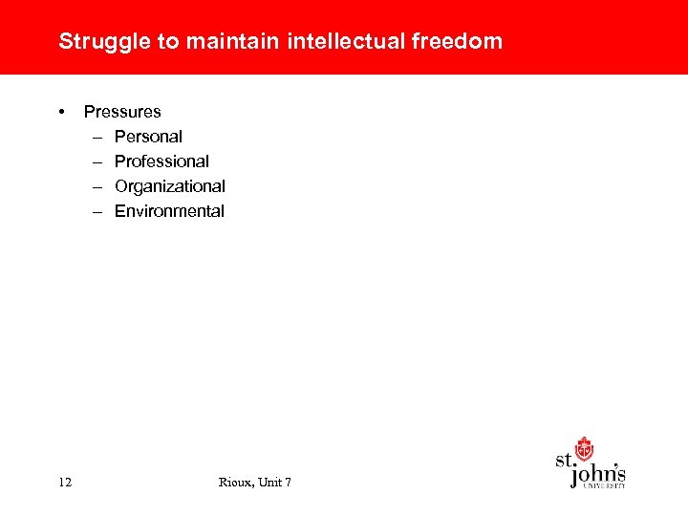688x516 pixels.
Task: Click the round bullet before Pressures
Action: pos(62,111)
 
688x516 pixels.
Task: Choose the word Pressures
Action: pos(122,112)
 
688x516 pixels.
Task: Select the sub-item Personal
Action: pos(148,137)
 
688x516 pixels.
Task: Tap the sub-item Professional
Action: pos(161,161)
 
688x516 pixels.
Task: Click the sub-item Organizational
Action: pos(169,186)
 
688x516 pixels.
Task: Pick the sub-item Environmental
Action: pos(169,211)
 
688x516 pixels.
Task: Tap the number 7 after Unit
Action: pos(288,482)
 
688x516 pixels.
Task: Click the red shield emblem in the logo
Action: pos(584,449)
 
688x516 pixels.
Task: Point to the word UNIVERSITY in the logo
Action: pos(604,486)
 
